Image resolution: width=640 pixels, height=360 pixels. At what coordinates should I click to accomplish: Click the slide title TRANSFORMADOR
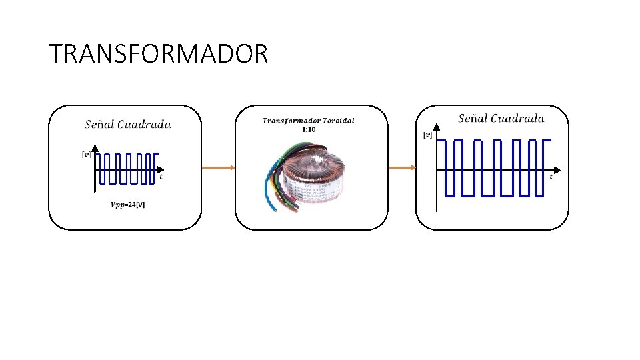(x=158, y=54)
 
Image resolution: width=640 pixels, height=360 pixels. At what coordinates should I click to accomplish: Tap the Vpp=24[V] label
(x=127, y=204)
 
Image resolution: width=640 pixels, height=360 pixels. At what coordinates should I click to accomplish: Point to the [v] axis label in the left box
(x=86, y=155)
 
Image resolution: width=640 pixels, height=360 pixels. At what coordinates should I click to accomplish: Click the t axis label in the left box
(x=161, y=177)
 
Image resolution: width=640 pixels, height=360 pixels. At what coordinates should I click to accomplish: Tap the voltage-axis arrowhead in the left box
(x=95, y=148)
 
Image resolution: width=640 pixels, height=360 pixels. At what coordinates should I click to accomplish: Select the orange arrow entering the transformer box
(x=218, y=168)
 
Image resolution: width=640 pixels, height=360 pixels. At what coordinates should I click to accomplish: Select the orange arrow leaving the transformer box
(x=402, y=168)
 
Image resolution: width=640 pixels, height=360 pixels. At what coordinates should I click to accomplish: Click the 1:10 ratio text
(x=308, y=129)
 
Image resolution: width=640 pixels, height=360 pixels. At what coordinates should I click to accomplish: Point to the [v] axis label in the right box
(x=427, y=135)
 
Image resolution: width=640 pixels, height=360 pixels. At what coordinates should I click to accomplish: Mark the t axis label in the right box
(x=551, y=177)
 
